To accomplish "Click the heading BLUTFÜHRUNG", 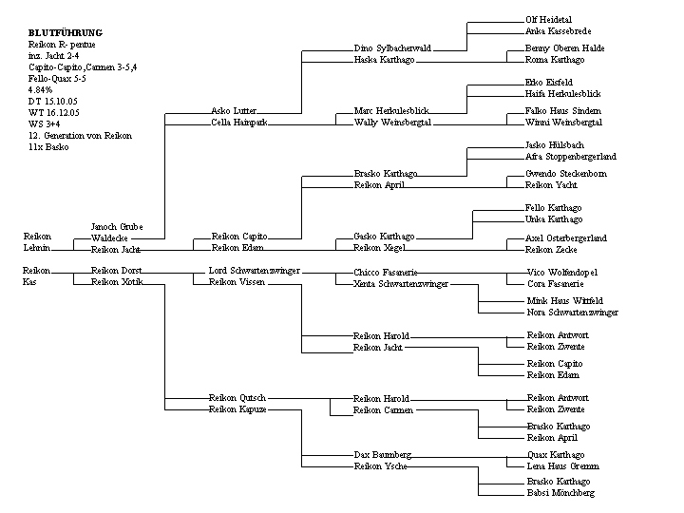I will point(65,33).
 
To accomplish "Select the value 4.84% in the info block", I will point(42,90).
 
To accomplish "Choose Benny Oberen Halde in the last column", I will point(565,48).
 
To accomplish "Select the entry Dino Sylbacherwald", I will point(392,48).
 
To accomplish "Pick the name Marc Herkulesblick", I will point(390,111).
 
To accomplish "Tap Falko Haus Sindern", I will point(562,111).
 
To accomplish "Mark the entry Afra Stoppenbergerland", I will point(571,157).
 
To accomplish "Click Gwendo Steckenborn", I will point(566,175).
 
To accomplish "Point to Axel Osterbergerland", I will point(566,238).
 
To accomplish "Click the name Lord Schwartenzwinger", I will point(254,271).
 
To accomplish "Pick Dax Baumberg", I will point(382,456).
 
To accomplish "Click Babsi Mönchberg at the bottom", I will point(560,494).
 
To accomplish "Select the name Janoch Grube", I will point(117,227).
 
